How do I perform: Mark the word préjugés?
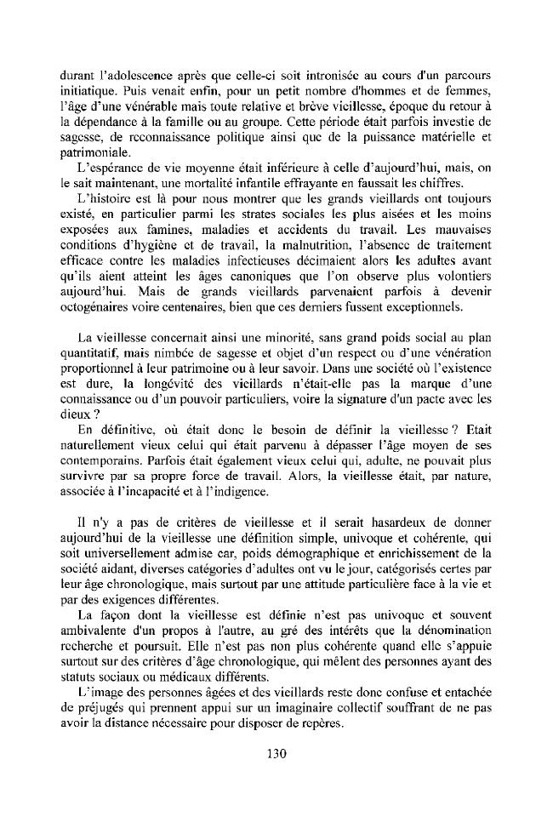pyautogui.click(x=101, y=734)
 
